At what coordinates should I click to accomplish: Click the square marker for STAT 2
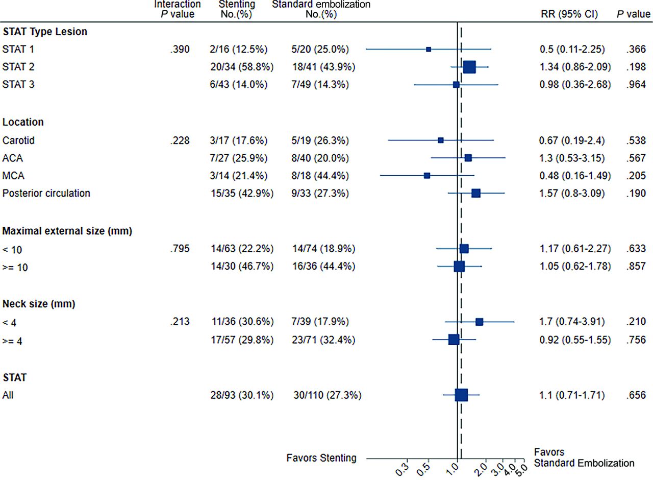coord(469,67)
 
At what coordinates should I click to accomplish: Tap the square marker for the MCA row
coord(427,176)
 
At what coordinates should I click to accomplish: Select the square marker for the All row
coord(461,395)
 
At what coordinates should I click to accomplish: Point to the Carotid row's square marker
coord(441,140)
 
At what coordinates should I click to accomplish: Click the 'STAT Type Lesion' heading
coord(45,32)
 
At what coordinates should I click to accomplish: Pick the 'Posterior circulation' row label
coord(46,194)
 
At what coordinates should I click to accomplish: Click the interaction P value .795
coord(180,249)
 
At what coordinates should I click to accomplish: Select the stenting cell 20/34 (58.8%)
coord(240,67)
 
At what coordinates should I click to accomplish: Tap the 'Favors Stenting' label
coord(322,458)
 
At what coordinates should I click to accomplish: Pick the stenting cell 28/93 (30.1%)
coord(240,395)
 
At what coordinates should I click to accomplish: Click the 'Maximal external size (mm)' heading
coord(68,231)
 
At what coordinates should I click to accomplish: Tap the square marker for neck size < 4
coord(479,322)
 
